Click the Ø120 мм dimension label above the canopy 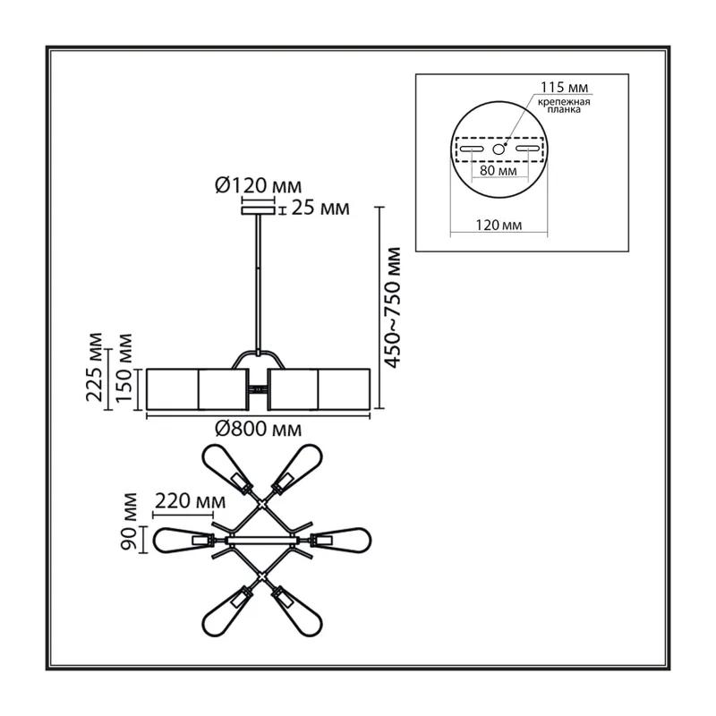pyautogui.click(x=258, y=186)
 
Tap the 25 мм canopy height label pyautogui.click(x=320, y=208)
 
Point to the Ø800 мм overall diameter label pyautogui.click(x=258, y=429)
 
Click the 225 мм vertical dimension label pyautogui.click(x=95, y=367)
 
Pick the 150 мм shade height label pyautogui.click(x=124, y=368)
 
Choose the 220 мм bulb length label pyautogui.click(x=191, y=501)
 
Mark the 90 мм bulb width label pyautogui.click(x=128, y=521)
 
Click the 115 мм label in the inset pyautogui.click(x=565, y=87)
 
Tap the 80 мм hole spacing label pyautogui.click(x=499, y=171)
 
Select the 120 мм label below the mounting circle pyautogui.click(x=499, y=225)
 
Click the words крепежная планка pyautogui.click(x=564, y=106)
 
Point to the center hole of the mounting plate pyautogui.click(x=499, y=149)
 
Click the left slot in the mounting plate pyautogui.click(x=472, y=149)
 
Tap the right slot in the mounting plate pyautogui.click(x=528, y=149)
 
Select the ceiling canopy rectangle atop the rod pyautogui.click(x=258, y=210)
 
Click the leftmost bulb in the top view pyautogui.click(x=183, y=541)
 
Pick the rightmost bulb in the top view pyautogui.click(x=341, y=541)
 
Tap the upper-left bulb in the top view pyautogui.click(x=226, y=469)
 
